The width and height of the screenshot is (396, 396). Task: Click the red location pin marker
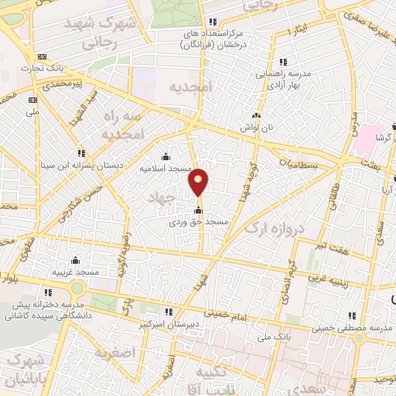pyautogui.click(x=199, y=183)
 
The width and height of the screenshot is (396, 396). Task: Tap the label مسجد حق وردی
pyautogui.click(x=199, y=221)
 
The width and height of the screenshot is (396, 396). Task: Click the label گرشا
pyautogui.click(x=381, y=136)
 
